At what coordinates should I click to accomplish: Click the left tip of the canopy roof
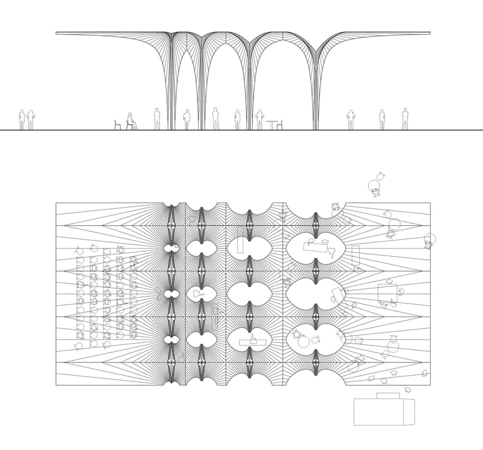[x=57, y=33]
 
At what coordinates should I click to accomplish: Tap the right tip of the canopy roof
[x=430, y=33]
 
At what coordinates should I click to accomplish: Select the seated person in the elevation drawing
[x=131, y=121]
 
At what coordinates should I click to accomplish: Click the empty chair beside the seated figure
[x=118, y=125]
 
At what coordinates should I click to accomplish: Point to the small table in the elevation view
[x=272, y=125]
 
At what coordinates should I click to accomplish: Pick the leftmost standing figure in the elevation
[x=21, y=120]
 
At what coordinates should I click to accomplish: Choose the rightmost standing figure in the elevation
[x=405, y=119]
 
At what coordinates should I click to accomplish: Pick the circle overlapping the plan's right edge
[x=430, y=239]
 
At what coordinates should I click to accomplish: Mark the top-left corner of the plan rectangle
[x=56, y=203]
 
